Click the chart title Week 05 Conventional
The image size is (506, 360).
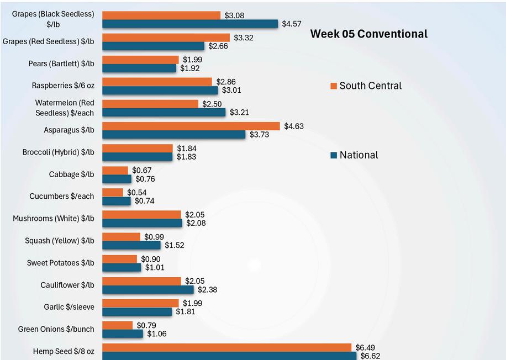pos(369,34)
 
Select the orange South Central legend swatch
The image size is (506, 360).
pos(334,86)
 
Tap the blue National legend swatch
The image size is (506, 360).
pos(334,155)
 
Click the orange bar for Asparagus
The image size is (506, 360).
pos(191,126)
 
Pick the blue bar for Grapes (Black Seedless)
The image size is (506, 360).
pos(190,24)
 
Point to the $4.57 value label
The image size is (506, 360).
pos(292,24)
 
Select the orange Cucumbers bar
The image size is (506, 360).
pos(113,193)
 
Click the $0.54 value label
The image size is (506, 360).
pos(137,193)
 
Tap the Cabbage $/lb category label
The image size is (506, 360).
pos(72,174)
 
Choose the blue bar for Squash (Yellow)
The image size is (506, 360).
pos(131,246)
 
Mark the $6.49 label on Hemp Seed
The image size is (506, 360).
pos(365,348)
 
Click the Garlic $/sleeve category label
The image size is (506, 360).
pos(69,307)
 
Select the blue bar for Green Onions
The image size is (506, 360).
pos(123,334)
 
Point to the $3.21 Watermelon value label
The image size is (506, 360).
pos(239,113)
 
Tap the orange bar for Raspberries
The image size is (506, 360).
pos(157,82)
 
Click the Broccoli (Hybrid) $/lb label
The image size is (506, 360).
pos(59,152)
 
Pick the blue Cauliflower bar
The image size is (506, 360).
pos(148,290)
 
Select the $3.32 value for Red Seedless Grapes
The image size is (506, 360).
pos(244,38)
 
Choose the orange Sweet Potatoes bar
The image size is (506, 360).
pos(120,259)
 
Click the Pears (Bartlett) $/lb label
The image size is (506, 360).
pos(61,64)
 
